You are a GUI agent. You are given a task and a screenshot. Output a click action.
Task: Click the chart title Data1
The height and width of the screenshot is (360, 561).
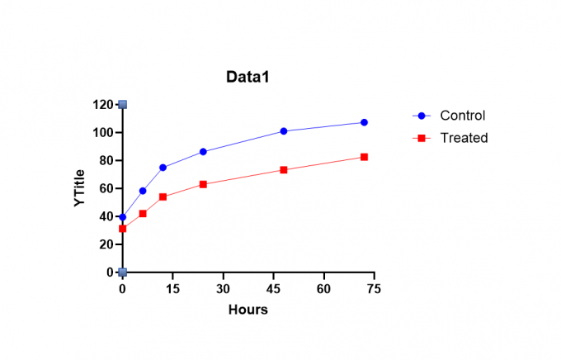pos(248,77)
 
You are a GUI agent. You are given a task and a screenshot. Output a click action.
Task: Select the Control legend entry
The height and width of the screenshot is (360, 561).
pos(462,116)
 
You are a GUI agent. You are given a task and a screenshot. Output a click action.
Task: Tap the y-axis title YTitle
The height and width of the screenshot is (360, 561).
pos(80,188)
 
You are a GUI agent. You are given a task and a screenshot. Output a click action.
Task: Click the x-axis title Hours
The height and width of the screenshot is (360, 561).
pos(248,310)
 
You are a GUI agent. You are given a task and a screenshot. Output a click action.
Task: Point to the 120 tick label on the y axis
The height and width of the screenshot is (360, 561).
pos(103,105)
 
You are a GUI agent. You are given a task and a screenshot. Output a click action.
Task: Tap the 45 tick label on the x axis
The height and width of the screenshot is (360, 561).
pos(273,288)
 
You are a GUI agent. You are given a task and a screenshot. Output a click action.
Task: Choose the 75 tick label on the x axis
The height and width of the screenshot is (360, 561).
pos(374,288)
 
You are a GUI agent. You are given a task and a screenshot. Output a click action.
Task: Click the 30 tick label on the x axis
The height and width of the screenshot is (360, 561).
pos(223,288)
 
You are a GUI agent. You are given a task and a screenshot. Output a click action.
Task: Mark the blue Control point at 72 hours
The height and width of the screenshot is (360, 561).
pos(364,122)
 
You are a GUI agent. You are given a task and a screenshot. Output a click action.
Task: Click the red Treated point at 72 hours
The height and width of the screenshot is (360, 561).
pos(364,157)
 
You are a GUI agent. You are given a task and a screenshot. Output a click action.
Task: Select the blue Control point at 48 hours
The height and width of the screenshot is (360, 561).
pos(284,131)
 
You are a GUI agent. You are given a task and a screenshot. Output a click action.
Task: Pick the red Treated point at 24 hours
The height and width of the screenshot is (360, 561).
pos(203,184)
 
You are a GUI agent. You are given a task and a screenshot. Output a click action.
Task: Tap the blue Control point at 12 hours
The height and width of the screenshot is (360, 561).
pos(163,168)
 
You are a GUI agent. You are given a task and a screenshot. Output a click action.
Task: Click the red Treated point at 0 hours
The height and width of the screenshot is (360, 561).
pos(123,229)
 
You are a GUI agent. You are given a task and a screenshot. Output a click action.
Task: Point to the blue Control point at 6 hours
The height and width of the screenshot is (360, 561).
pos(143,191)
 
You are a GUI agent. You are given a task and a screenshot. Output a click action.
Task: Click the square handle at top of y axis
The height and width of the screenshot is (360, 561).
pos(122,105)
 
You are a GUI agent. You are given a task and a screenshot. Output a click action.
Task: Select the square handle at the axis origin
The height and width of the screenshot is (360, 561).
pos(122,272)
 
